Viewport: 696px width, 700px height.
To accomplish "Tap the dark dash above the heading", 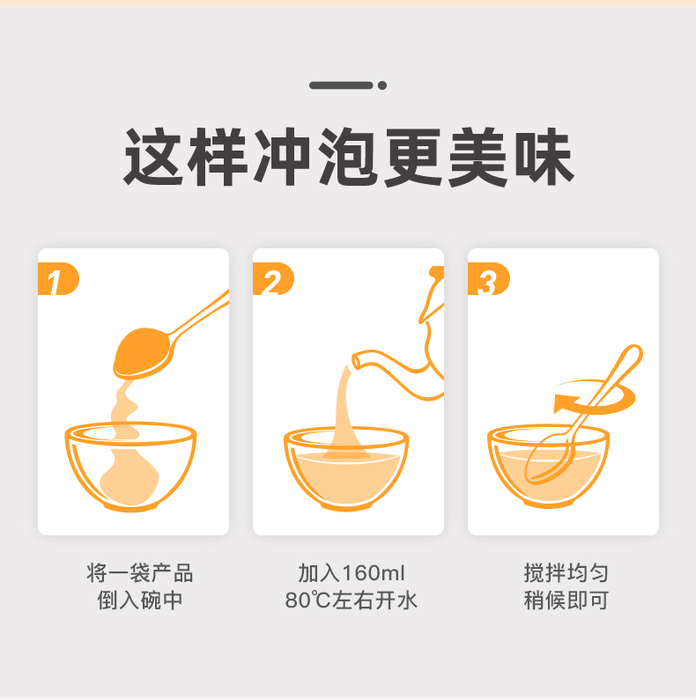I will [x=341, y=85].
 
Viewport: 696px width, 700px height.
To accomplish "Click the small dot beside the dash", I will [x=381, y=85].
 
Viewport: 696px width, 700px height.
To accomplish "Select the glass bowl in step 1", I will [x=130, y=467].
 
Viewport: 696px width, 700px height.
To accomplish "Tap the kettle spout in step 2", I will [x=363, y=360].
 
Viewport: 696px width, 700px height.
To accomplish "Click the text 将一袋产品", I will [x=140, y=573].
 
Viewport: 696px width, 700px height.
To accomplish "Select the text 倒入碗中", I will [x=140, y=601].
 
